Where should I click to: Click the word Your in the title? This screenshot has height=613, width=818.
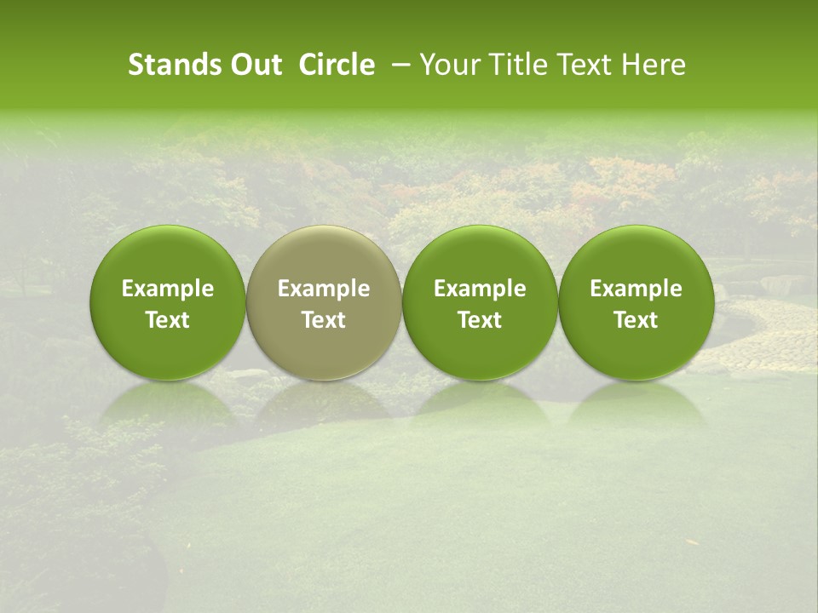click(x=447, y=65)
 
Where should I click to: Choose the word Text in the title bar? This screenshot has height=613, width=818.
click(x=577, y=65)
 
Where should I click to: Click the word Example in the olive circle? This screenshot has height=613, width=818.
click(x=324, y=289)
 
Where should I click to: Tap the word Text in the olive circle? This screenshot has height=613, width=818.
click(x=324, y=320)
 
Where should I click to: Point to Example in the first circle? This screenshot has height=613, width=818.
click(x=168, y=289)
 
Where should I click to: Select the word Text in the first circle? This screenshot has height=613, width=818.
click(x=168, y=320)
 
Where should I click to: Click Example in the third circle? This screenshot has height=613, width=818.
click(x=480, y=289)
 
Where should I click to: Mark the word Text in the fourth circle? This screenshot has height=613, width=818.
click(x=636, y=320)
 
